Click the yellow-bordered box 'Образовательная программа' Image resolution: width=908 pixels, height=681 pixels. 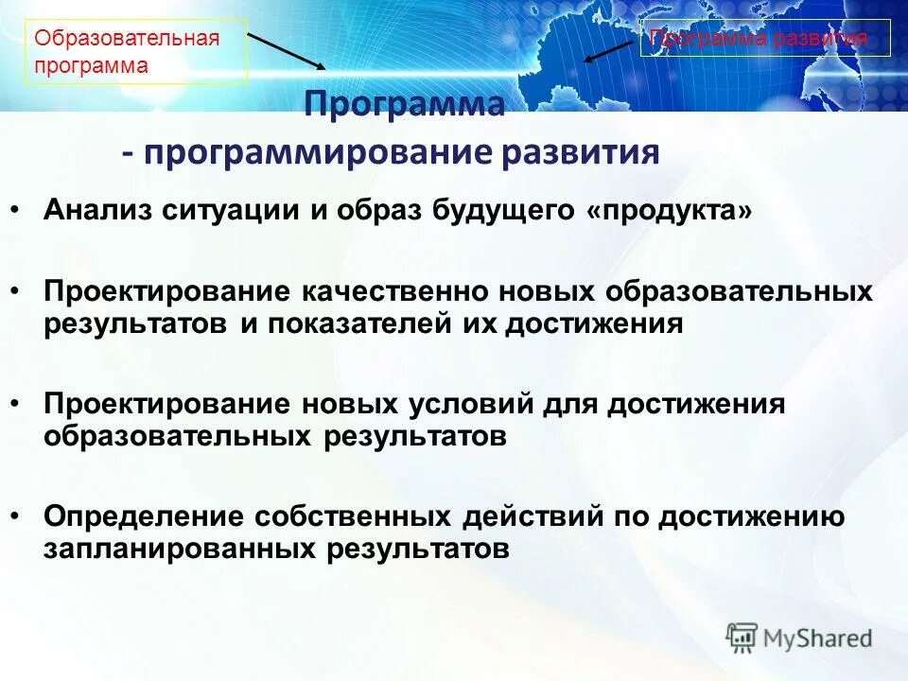click(135, 52)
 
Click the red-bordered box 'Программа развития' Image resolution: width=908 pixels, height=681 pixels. click(765, 38)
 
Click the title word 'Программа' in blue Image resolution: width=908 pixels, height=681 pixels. click(404, 103)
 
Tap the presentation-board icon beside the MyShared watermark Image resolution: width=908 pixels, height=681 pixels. click(742, 637)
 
